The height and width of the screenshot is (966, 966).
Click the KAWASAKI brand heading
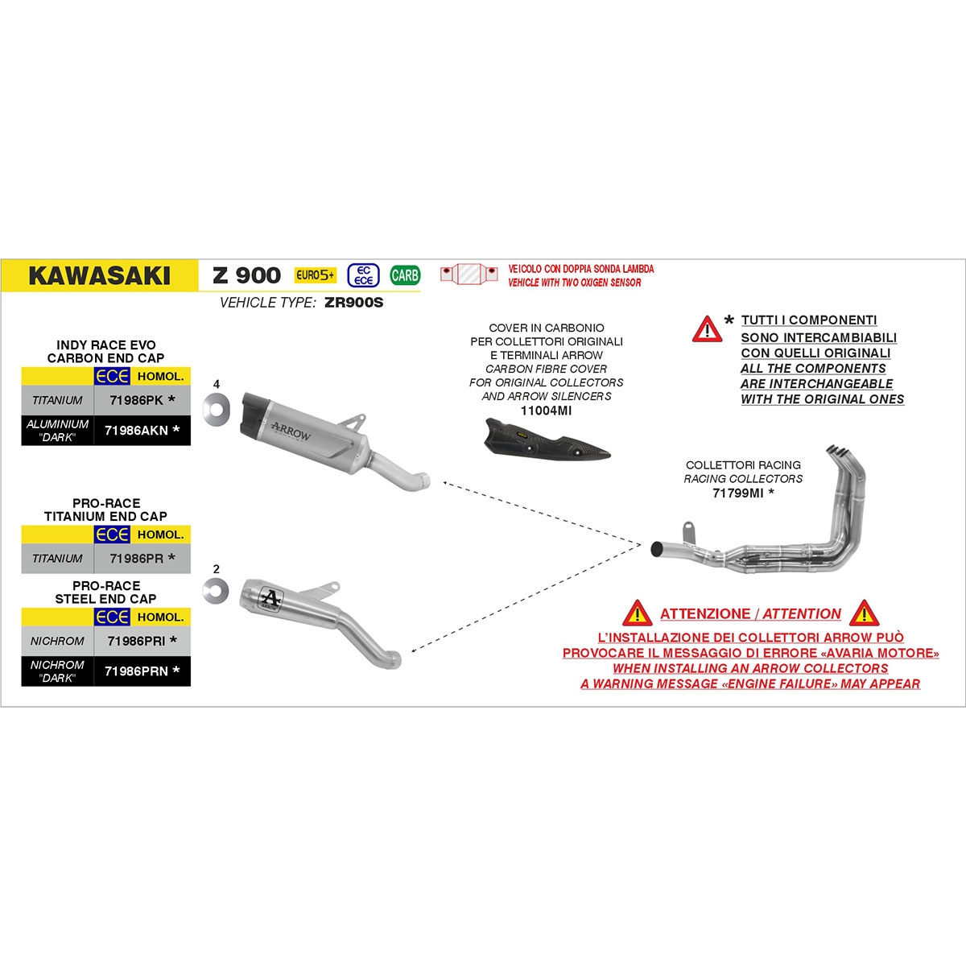pos(99,276)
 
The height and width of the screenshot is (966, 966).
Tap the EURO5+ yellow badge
pos(314,275)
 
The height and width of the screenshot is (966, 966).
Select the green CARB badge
pos(405,275)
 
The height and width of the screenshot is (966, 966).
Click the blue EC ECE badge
pos(363,275)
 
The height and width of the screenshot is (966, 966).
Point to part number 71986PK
pos(136,400)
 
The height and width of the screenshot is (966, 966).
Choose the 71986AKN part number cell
pos(142,430)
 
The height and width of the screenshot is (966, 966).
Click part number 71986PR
pos(136,558)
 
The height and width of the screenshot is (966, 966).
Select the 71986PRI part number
pos(136,641)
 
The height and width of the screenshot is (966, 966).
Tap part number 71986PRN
pos(136,671)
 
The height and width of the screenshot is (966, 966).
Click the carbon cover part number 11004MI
pos(546,411)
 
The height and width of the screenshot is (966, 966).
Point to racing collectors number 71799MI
pos(737,493)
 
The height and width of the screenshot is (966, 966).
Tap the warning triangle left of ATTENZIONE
pos(637,613)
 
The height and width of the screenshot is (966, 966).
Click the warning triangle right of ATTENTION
pos(864,613)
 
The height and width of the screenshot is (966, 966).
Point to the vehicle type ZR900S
pos(354,303)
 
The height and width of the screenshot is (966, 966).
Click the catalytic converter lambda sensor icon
pos(469,275)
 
